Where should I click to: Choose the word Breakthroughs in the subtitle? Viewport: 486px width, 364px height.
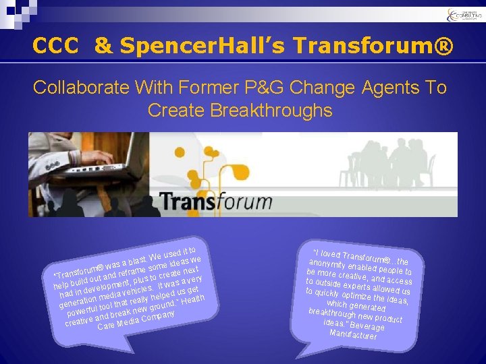(240, 110)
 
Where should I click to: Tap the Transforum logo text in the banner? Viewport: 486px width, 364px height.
(216, 202)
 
